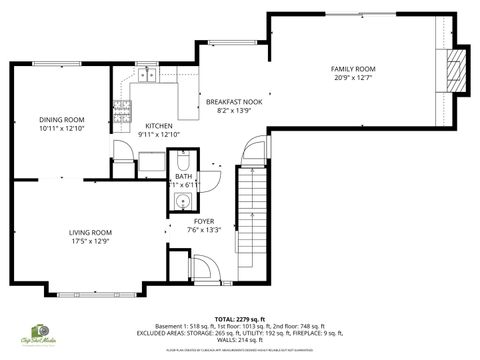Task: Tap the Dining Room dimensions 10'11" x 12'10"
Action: [x=61, y=127]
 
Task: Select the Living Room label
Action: [x=89, y=232]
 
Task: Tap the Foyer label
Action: [x=204, y=221]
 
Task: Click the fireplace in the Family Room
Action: [x=455, y=68]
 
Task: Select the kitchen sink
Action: [x=147, y=73]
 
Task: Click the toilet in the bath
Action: [x=182, y=161]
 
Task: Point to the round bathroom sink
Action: [x=181, y=201]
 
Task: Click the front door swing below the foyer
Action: [x=203, y=267]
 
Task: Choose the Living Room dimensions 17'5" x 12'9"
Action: [x=89, y=241]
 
